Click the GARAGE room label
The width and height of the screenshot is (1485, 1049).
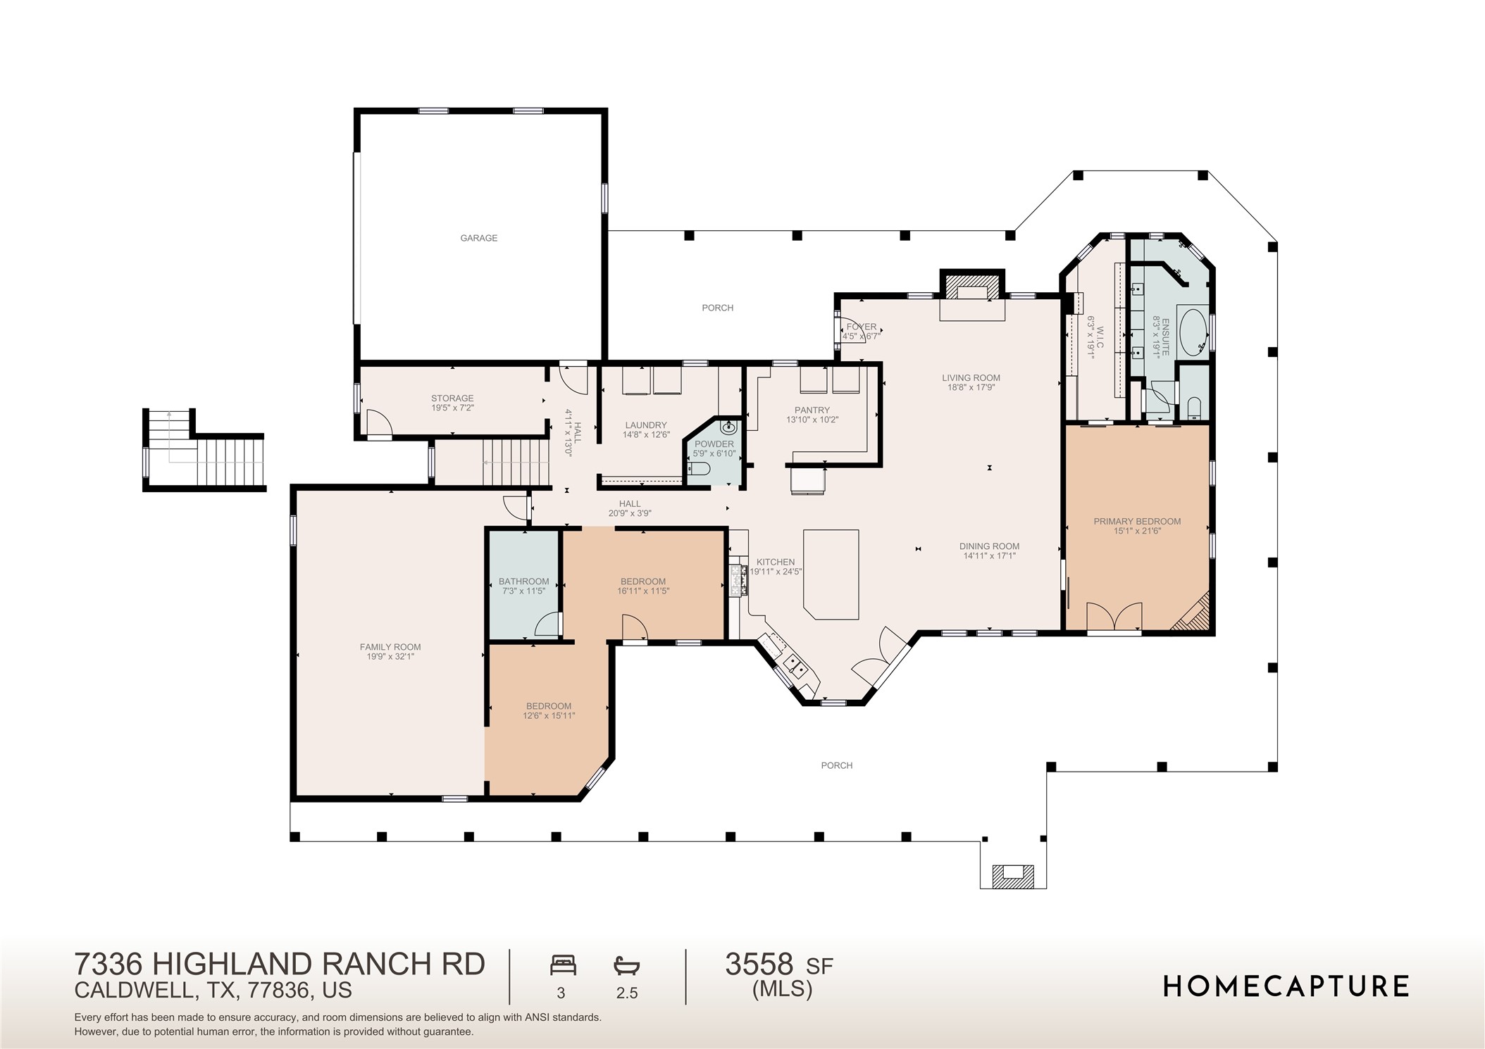coord(478,238)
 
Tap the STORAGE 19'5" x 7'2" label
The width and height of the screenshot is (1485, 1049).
coord(452,403)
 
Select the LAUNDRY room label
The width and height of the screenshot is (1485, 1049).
coord(645,425)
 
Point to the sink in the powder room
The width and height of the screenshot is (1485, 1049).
coord(729,427)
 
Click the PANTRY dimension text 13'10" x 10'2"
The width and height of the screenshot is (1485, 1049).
coord(812,420)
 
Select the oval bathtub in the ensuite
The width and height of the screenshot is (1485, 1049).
coord(1192,331)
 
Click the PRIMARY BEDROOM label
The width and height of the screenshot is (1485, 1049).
coord(1136,522)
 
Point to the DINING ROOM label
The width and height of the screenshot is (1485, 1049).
coord(989,546)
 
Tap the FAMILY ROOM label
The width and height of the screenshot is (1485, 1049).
coord(390,647)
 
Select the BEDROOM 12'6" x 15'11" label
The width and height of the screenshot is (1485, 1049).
coord(549,711)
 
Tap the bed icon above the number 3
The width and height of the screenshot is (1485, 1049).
coord(563,965)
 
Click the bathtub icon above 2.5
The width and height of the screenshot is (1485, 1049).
coord(626,965)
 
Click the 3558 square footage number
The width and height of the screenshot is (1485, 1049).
coord(759,965)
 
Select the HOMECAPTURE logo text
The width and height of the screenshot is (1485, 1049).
coord(1286,986)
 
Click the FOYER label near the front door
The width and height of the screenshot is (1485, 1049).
coord(861,327)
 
